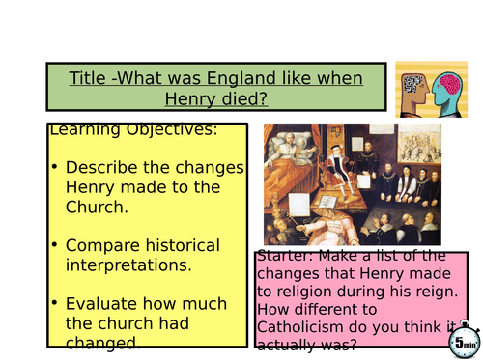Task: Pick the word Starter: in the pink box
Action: tap(289, 257)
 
